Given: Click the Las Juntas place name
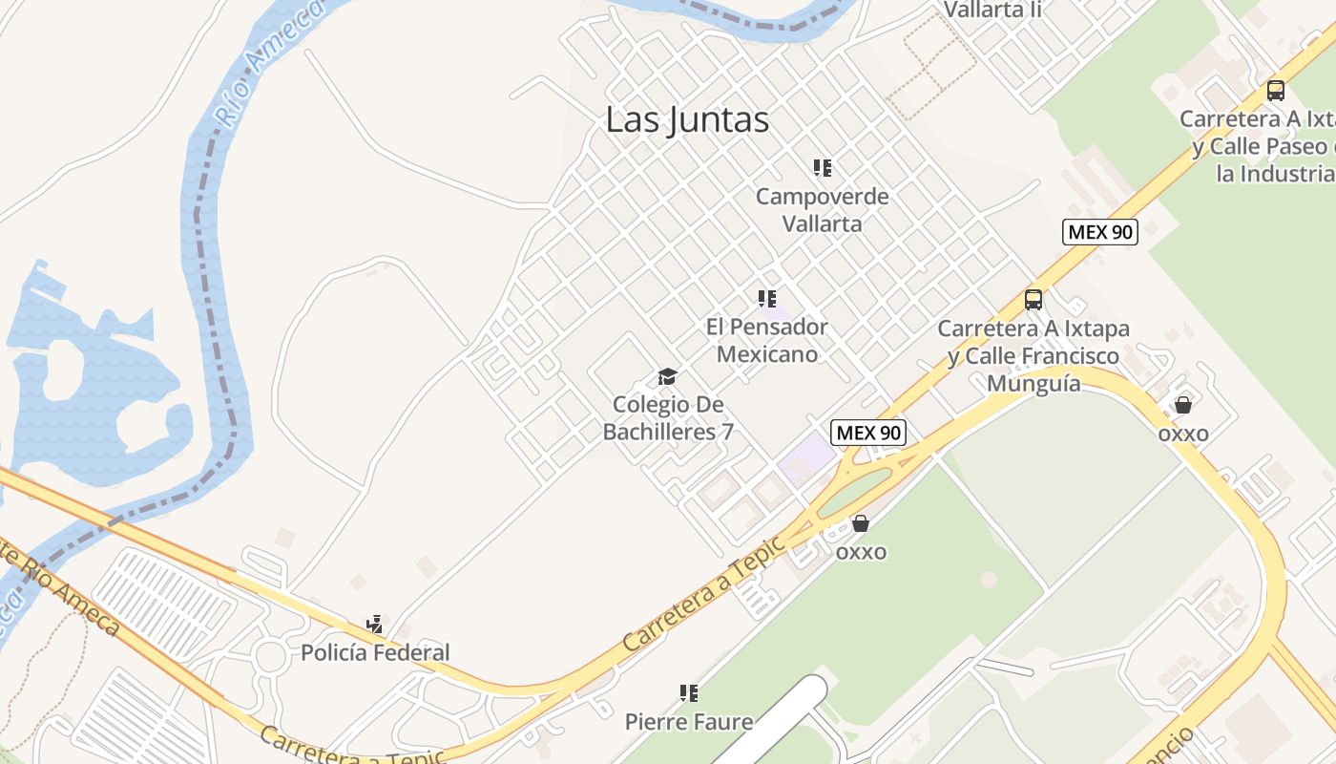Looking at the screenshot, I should click(x=687, y=120).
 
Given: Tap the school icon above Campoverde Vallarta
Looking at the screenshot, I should click(x=823, y=168).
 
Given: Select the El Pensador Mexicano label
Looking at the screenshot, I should click(x=767, y=340).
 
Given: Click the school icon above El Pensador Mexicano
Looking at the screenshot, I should click(x=767, y=299).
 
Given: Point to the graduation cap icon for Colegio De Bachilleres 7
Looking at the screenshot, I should click(x=667, y=376).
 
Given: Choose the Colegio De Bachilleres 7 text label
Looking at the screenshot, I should click(x=668, y=418).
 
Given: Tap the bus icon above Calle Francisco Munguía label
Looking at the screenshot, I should click(x=1033, y=300).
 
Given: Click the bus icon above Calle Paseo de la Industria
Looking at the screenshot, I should click(x=1276, y=91).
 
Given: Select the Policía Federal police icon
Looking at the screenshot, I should click(x=375, y=626).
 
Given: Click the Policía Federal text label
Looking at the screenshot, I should click(x=375, y=653).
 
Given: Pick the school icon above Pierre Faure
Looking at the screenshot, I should click(x=689, y=693).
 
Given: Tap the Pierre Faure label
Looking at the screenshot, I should click(x=689, y=721).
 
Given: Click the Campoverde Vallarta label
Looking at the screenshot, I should click(x=823, y=210).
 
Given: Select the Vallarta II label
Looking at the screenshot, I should click(x=992, y=11).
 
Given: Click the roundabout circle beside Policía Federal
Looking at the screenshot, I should click(x=271, y=656).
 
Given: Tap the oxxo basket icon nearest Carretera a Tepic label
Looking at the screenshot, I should click(x=861, y=523).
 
